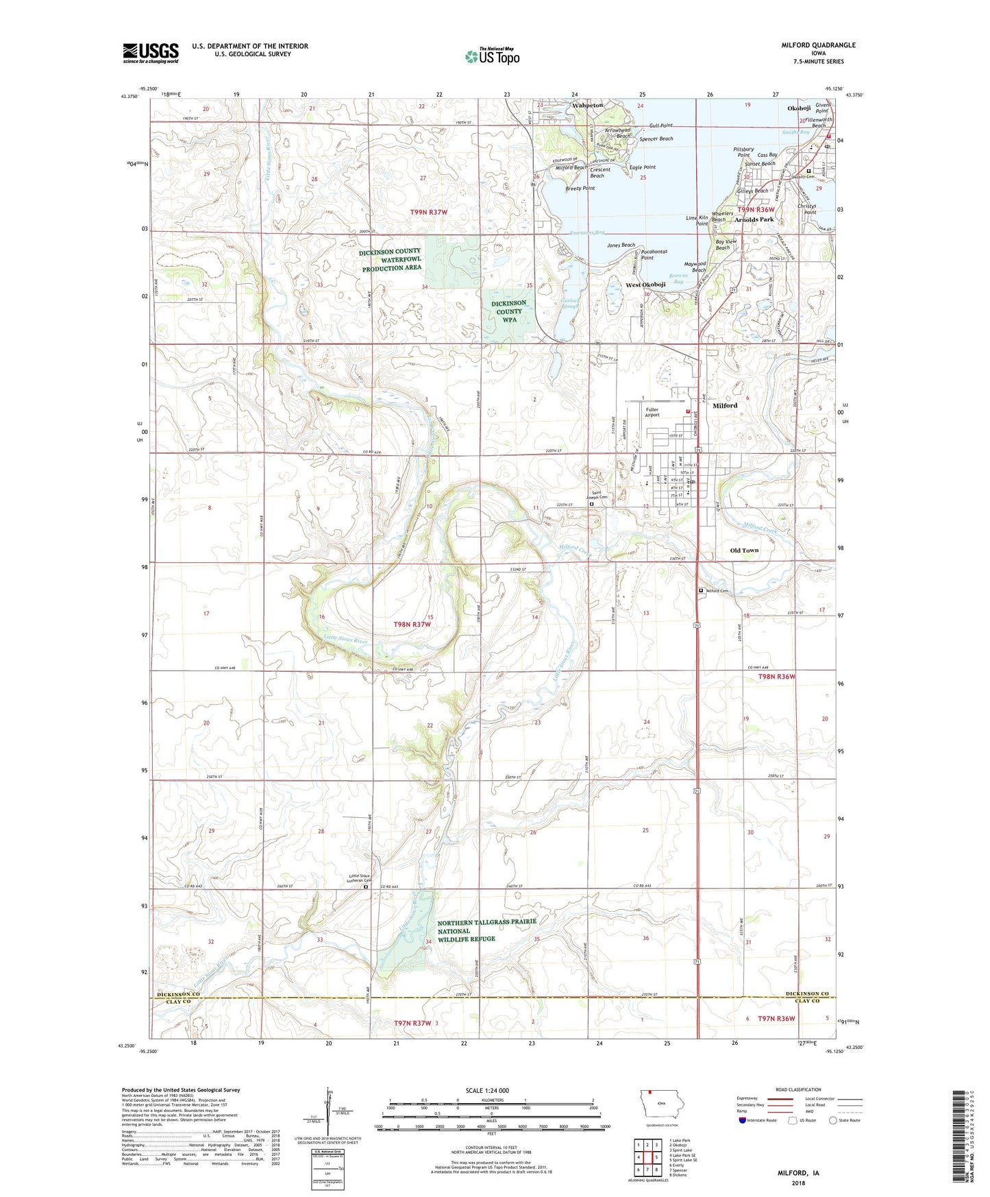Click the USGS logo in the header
tap(150, 53)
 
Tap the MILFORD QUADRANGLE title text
tap(818, 45)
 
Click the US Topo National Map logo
tap(492, 56)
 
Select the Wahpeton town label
tap(588, 106)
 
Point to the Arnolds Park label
tap(754, 220)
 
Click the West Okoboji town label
tap(645, 285)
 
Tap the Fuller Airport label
tap(652, 412)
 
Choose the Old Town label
tap(744, 551)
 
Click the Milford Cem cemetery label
tap(717, 591)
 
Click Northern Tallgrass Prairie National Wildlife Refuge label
tap(486, 930)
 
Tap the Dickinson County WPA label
tap(509, 311)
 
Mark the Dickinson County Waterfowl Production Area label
tap(390, 260)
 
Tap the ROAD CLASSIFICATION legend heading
tap(798, 1089)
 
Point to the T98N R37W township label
tap(413, 625)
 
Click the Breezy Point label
tap(580, 189)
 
